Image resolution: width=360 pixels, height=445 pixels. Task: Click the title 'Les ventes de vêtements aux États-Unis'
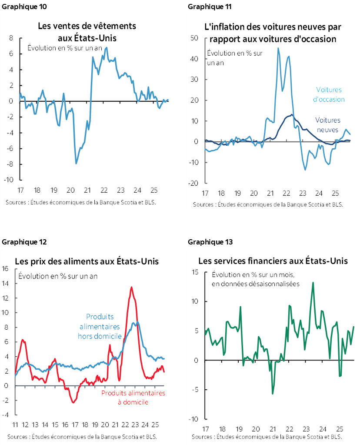click(87, 32)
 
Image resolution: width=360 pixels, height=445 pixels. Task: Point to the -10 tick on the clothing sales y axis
click(9, 180)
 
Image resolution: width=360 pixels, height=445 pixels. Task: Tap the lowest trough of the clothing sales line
click(77, 164)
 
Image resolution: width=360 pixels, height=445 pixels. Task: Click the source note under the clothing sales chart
click(81, 202)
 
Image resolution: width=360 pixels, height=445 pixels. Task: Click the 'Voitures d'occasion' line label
click(329, 94)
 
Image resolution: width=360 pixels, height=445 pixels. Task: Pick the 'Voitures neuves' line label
click(327, 124)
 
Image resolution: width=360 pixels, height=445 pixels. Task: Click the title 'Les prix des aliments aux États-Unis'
click(87, 261)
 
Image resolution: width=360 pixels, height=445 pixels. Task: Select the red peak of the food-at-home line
click(131, 287)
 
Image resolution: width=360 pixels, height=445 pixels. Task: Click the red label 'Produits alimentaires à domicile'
click(133, 398)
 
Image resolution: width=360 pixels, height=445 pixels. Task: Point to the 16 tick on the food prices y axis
click(6, 269)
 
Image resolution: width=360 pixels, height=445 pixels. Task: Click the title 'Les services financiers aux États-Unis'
click(273, 261)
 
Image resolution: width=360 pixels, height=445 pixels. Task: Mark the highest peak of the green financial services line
click(313, 283)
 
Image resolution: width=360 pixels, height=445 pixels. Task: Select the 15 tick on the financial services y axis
click(195, 272)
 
